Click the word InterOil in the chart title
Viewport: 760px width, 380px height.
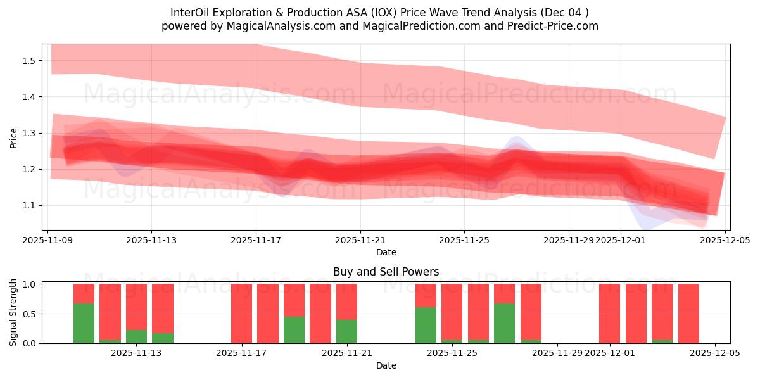(x=191, y=13)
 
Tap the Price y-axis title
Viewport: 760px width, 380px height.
(x=13, y=137)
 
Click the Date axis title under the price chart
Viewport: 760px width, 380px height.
(x=386, y=252)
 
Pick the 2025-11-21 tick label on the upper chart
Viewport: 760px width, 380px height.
(x=360, y=241)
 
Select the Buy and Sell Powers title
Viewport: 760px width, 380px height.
(x=386, y=272)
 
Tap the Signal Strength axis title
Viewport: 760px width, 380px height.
(x=13, y=313)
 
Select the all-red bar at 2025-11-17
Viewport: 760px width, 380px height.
(x=241, y=313)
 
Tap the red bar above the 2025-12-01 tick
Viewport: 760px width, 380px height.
(x=609, y=313)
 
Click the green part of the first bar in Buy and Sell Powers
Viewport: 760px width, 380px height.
(x=84, y=323)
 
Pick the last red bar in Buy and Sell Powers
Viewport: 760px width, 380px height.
(x=688, y=313)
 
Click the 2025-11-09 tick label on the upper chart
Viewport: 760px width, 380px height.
(x=47, y=241)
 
